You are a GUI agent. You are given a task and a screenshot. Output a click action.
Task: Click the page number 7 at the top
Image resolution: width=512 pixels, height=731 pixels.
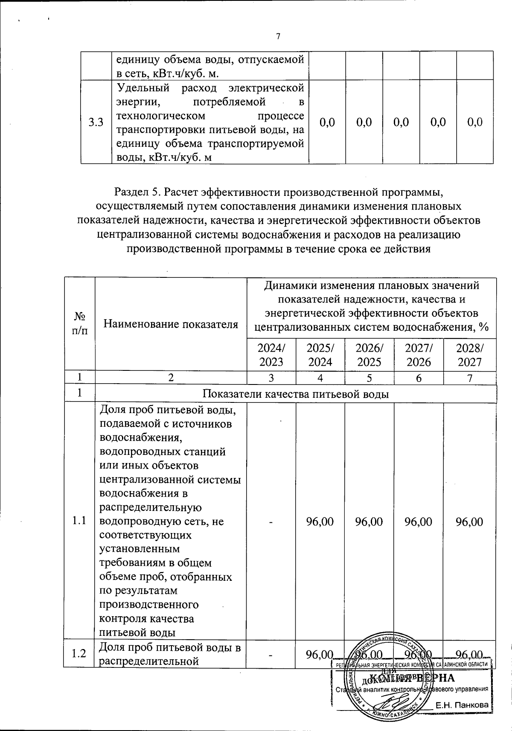click(x=278, y=37)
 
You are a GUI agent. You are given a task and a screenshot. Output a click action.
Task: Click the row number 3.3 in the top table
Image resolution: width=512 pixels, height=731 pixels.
click(x=96, y=123)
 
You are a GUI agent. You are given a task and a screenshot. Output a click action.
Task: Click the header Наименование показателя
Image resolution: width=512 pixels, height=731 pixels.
click(x=171, y=324)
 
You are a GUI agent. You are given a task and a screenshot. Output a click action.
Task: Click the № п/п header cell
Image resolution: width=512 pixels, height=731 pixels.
click(x=79, y=323)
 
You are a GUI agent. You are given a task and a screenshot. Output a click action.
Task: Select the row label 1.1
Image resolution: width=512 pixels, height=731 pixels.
click(x=79, y=521)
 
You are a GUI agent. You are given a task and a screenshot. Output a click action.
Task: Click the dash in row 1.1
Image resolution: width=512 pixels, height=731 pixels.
click(x=271, y=521)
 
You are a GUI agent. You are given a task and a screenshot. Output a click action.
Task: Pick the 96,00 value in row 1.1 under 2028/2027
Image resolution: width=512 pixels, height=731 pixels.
click(x=469, y=521)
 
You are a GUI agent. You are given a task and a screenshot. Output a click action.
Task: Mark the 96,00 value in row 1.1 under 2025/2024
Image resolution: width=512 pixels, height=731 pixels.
click(x=320, y=521)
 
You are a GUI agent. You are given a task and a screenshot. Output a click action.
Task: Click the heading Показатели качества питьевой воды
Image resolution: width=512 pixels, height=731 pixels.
click(x=295, y=394)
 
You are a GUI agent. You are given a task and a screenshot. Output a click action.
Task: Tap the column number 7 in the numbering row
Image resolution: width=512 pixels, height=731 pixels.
click(x=469, y=378)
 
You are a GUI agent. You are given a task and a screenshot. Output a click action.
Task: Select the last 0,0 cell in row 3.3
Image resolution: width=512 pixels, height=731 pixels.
click(x=475, y=123)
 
